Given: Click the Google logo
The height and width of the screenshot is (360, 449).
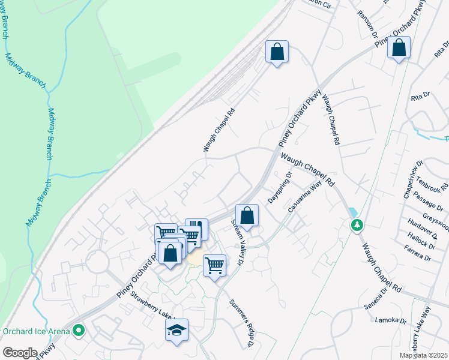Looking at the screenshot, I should pyautogui.click(x=20, y=352).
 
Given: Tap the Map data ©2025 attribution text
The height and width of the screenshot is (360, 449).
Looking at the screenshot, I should pyautogui.click(x=424, y=355).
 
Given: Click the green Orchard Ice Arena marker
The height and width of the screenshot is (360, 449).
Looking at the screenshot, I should pyautogui.click(x=78, y=330).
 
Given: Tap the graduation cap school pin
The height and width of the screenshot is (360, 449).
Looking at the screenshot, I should pyautogui.click(x=177, y=331).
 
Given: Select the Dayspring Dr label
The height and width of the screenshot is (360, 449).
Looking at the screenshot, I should pyautogui.click(x=280, y=187).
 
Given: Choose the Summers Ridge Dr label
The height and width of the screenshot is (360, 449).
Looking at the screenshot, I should pyautogui.click(x=243, y=323).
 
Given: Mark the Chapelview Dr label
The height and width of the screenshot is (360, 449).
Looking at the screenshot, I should pyautogui.click(x=413, y=179).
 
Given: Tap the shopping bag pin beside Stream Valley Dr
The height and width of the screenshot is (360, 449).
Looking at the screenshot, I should pyautogui.click(x=247, y=215).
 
